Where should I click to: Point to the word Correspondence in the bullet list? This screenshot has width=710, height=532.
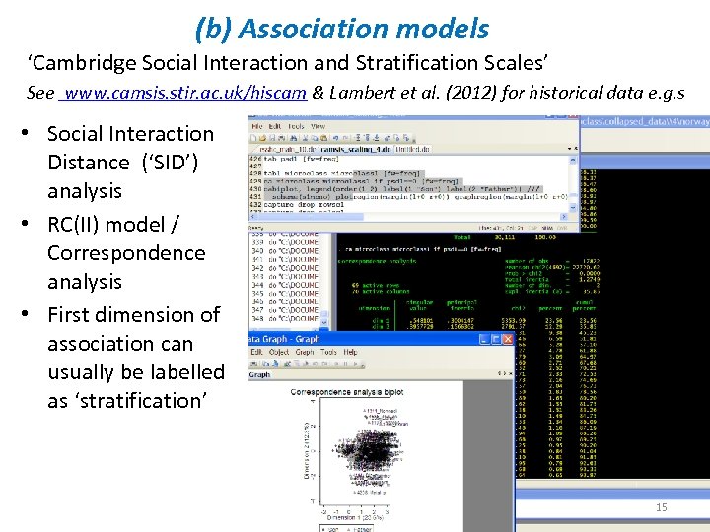[126, 252]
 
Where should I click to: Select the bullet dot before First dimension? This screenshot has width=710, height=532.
[34, 315]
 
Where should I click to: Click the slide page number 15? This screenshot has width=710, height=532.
[662, 507]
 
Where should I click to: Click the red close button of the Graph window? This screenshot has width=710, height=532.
[508, 339]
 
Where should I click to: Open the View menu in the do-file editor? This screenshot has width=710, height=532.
[319, 126]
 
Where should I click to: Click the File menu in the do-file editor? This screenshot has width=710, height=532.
[256, 126]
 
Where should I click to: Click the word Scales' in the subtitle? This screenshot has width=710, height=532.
[513, 64]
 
